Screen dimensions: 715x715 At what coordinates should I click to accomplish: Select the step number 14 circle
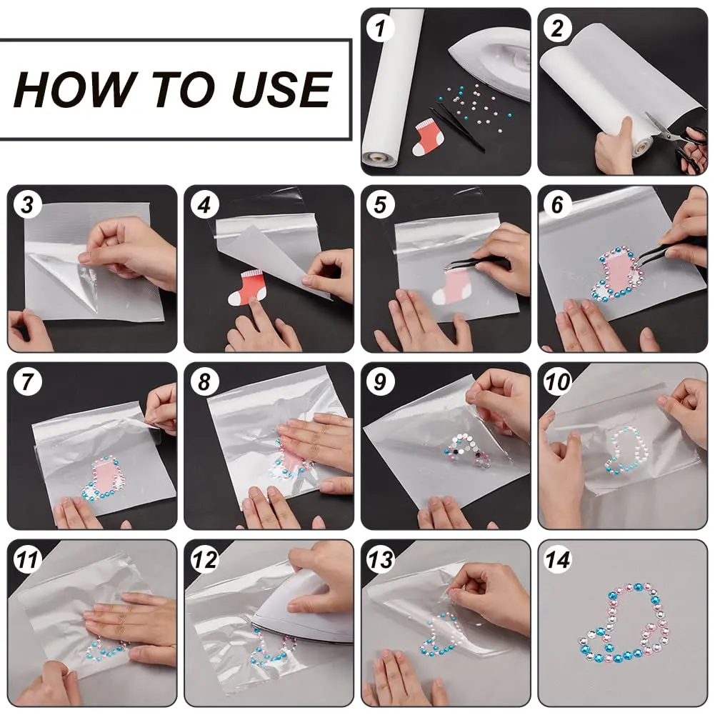[559, 559]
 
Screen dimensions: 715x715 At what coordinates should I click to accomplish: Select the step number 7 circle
[27, 382]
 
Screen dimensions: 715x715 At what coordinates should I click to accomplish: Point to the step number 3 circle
[27, 205]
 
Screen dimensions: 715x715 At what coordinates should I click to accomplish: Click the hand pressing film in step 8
[314, 439]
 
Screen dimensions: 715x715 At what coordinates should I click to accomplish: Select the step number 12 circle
[205, 559]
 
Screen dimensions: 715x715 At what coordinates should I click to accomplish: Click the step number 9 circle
[381, 382]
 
